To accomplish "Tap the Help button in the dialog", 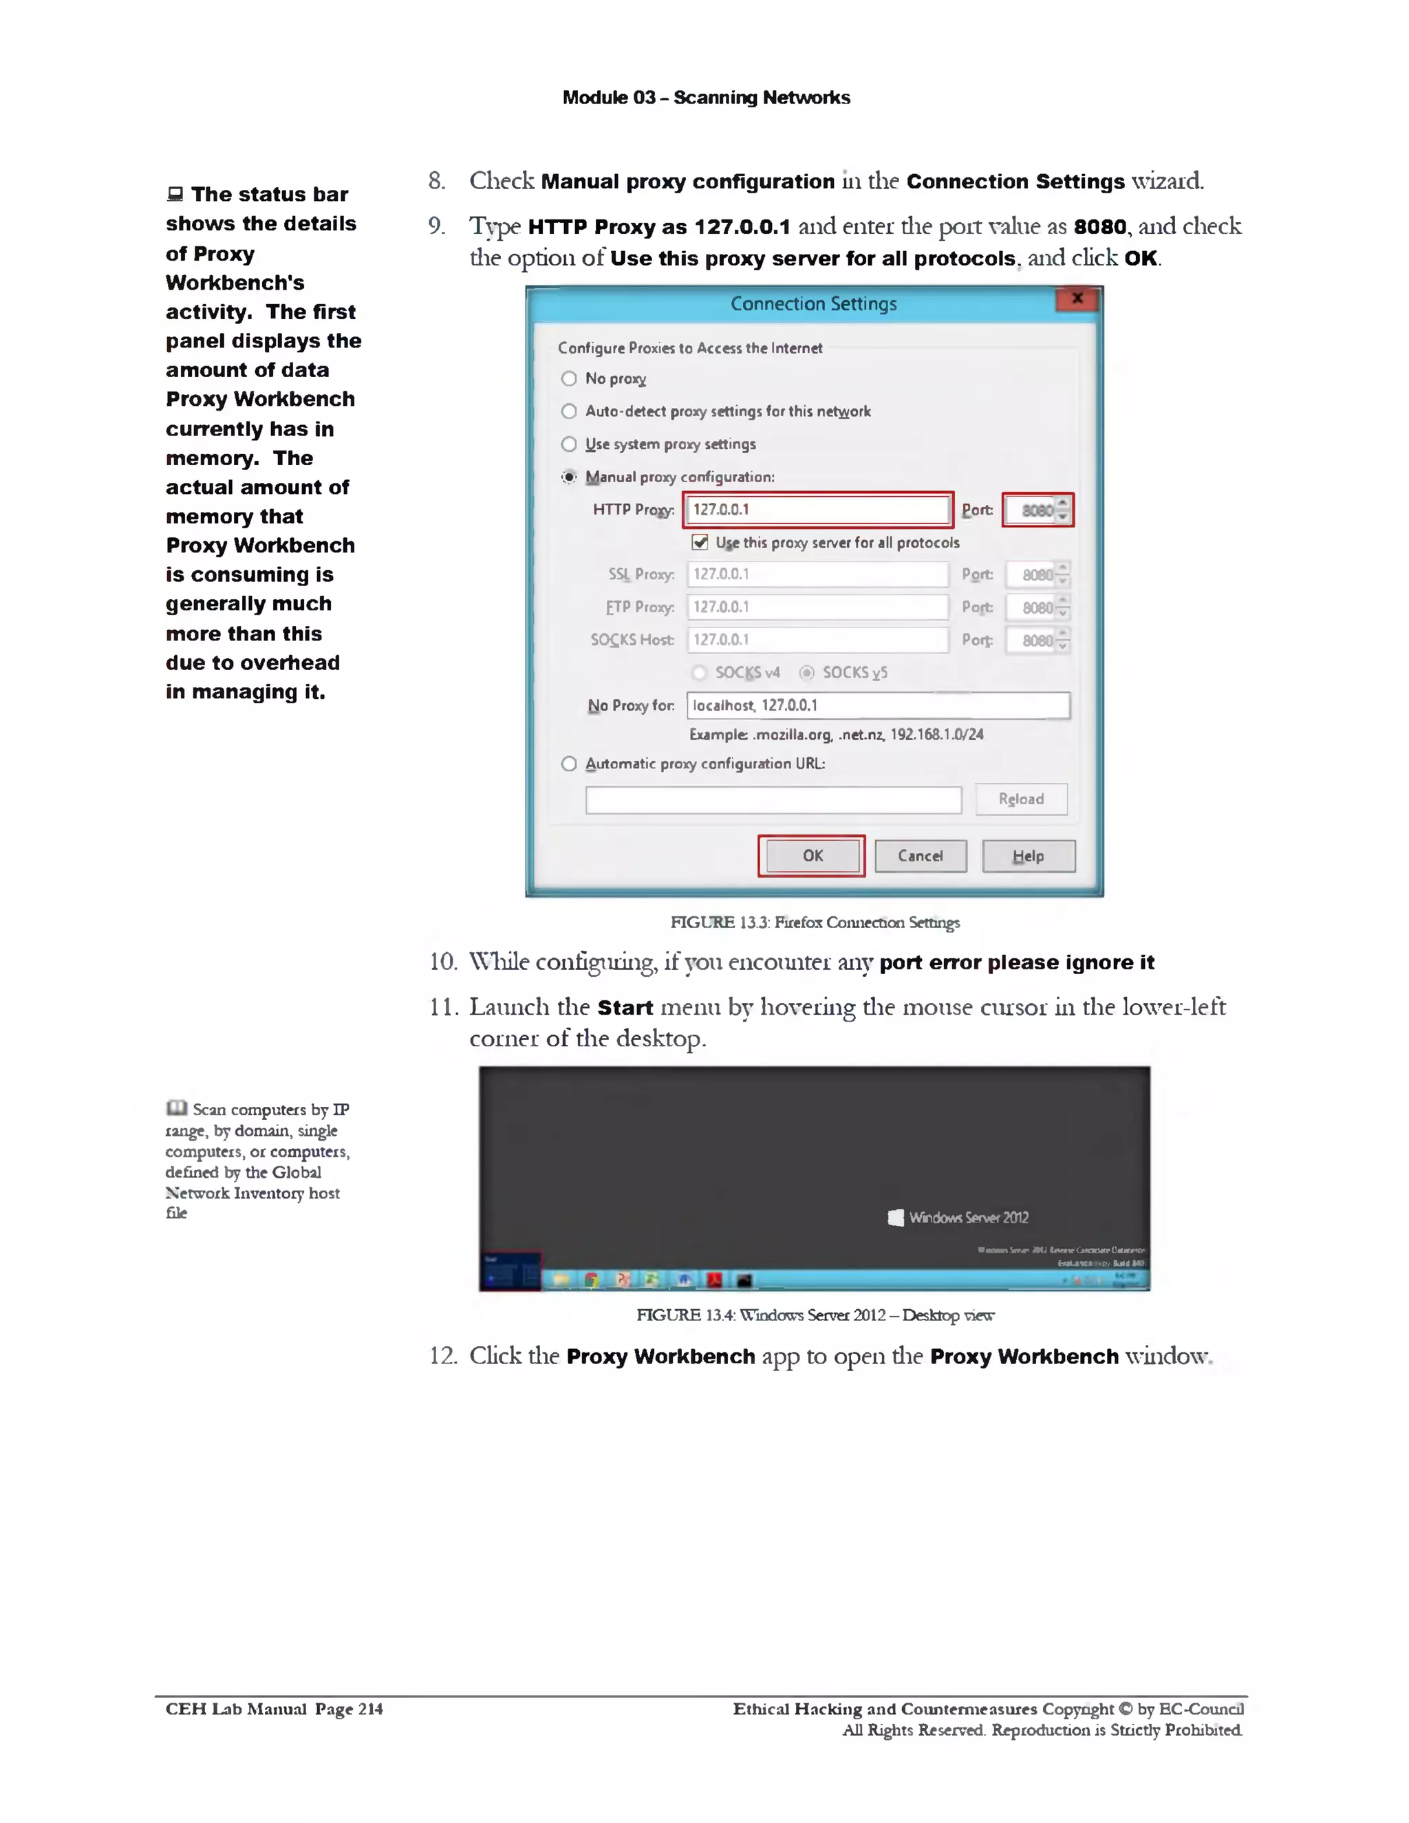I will [1029, 856].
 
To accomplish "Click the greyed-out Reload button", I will [1021, 799].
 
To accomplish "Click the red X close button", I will [1077, 298].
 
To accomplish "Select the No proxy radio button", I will [569, 378].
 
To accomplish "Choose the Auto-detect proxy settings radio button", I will [569, 411].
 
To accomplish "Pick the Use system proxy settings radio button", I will [569, 444].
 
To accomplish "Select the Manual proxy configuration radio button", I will [569, 477].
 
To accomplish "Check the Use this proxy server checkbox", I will [700, 543].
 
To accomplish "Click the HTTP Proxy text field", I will [817, 509].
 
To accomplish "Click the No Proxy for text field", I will [877, 705].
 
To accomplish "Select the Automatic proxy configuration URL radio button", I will [569, 764].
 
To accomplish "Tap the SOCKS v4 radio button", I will [700, 673].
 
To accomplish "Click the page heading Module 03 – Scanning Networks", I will [706, 98].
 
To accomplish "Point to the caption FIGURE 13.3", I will [815, 922].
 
